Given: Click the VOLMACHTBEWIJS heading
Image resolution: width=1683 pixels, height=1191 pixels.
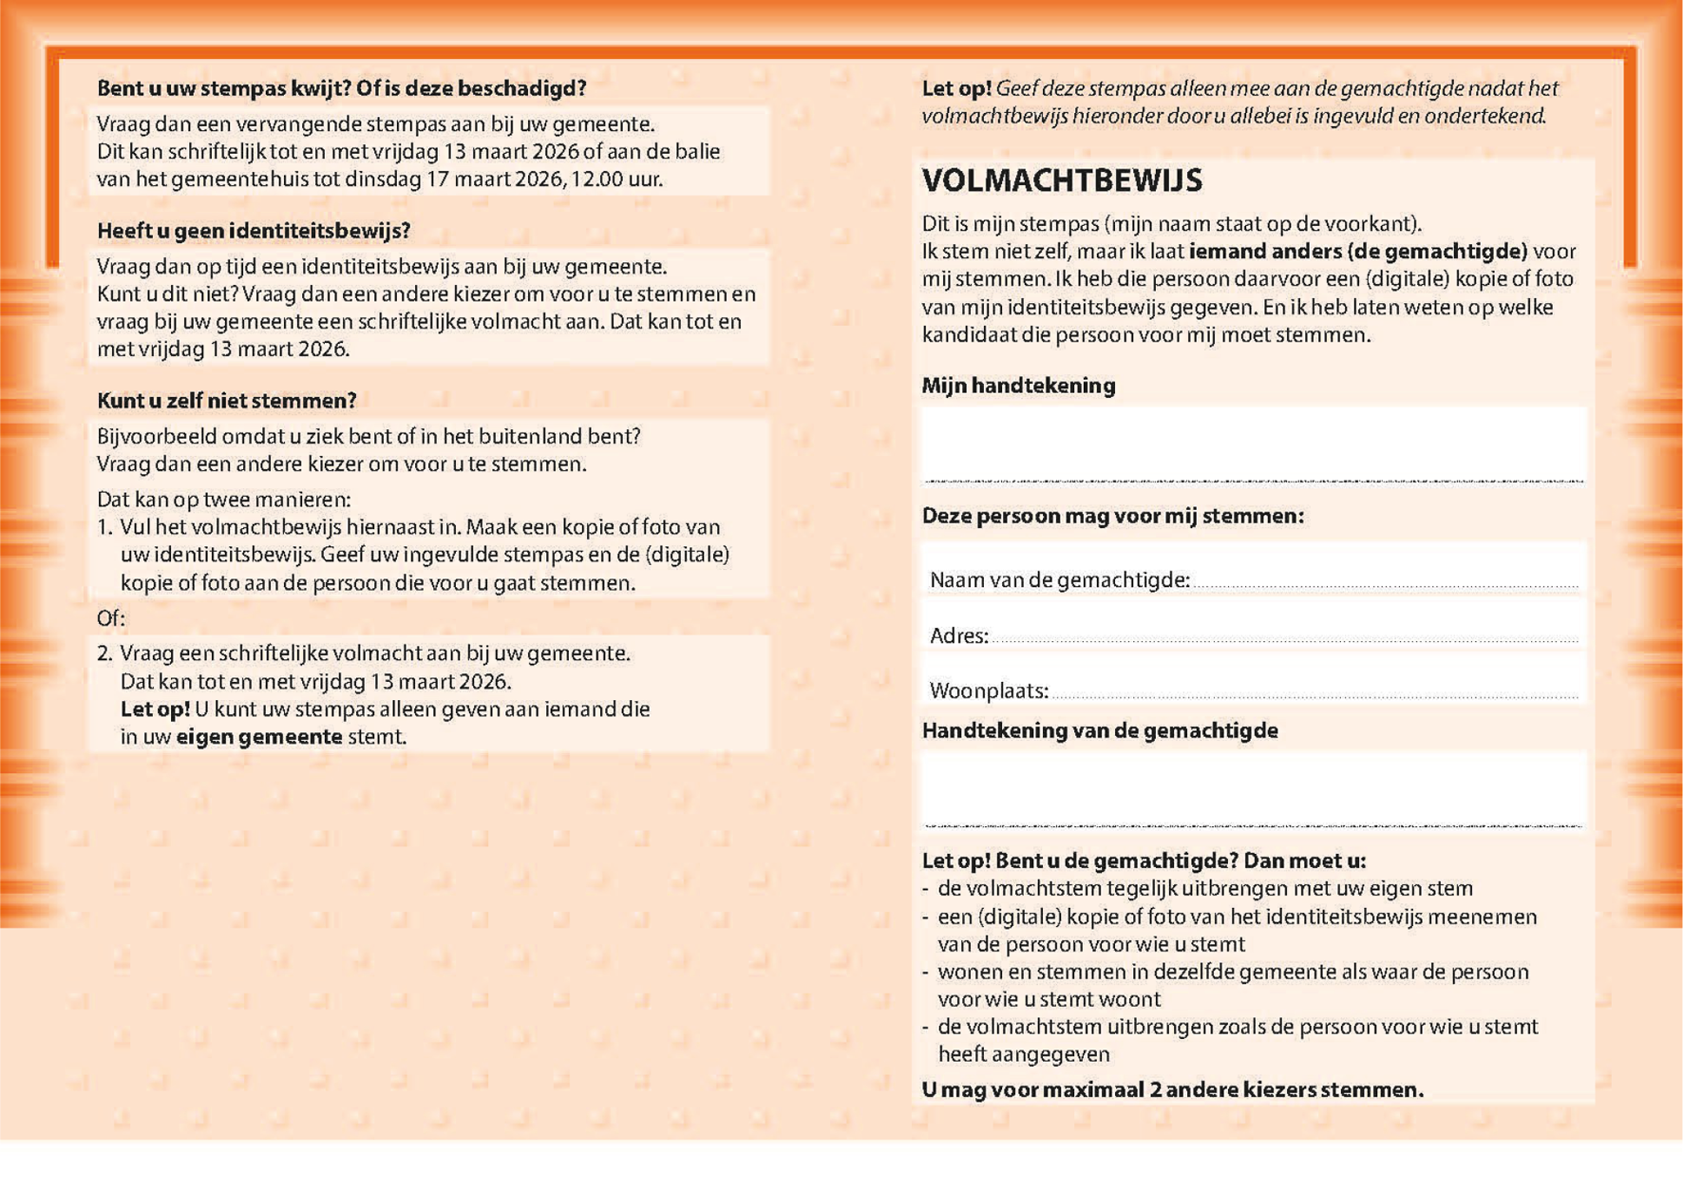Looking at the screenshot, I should tap(1062, 180).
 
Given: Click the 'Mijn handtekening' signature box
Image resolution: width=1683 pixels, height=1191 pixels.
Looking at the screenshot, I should tap(1252, 444).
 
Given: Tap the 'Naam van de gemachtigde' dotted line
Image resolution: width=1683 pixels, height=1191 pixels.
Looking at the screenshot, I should tap(1385, 583).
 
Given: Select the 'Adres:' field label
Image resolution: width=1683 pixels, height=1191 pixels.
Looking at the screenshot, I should tap(958, 636).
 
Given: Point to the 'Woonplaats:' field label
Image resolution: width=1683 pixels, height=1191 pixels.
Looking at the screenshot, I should tap(989, 691).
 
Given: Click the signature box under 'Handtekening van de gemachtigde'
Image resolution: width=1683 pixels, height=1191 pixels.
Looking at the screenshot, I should tap(1252, 788).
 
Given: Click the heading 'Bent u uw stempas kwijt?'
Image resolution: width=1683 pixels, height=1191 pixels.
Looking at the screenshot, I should tap(341, 88).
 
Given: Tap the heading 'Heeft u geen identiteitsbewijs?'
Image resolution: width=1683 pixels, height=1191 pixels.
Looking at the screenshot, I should tap(254, 231).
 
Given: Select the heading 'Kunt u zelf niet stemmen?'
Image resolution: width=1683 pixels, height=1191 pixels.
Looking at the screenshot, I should tap(227, 401).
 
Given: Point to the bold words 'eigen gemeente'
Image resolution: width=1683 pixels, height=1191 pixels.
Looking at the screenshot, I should tap(258, 737).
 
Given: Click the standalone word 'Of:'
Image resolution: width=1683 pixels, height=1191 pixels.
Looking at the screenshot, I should tap(110, 618).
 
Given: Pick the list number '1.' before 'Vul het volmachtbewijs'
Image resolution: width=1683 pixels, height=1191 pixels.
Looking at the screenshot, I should tap(104, 527).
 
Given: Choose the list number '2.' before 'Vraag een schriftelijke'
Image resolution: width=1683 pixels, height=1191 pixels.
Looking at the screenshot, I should tap(104, 653).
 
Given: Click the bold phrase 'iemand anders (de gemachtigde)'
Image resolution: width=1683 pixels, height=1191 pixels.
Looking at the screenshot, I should tap(1358, 252).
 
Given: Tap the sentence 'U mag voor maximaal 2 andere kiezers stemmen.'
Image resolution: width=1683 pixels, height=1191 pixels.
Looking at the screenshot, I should tap(1172, 1089).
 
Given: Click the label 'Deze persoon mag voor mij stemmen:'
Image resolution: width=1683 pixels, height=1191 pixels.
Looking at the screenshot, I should tap(1112, 516).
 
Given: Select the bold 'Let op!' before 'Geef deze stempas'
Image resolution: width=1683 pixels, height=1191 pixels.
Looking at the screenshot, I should tap(955, 88).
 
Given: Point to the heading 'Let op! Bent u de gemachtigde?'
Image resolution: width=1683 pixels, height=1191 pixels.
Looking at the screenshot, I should tap(1144, 860).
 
